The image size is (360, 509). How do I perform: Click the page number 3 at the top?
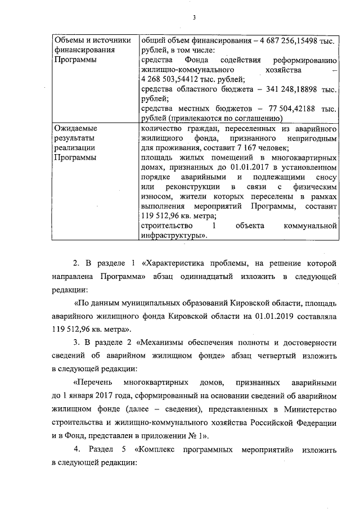(x=193, y=17)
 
